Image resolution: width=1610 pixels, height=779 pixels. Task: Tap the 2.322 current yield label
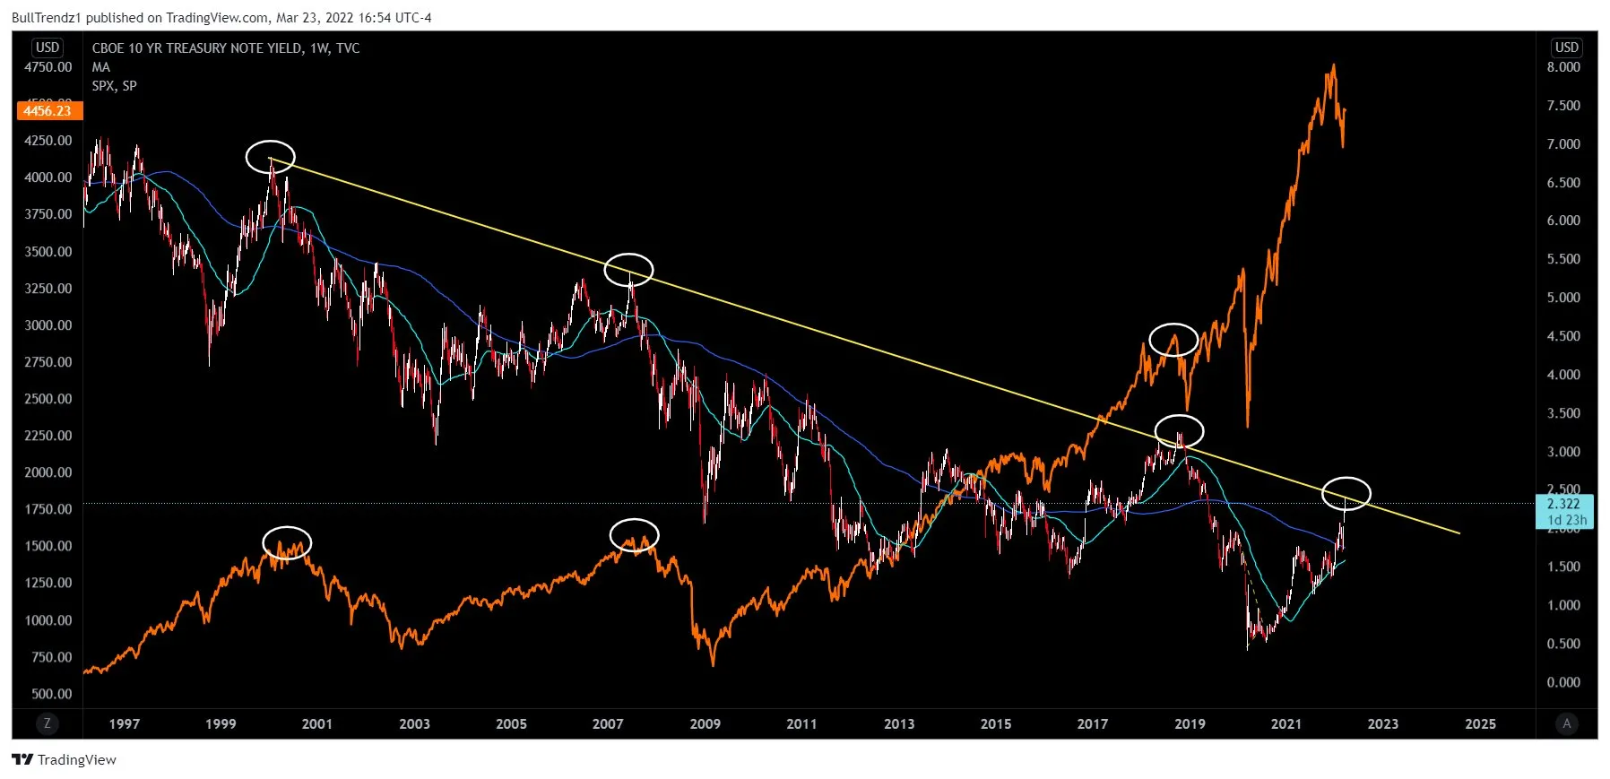click(x=1563, y=505)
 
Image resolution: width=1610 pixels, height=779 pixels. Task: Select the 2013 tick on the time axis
click(x=898, y=724)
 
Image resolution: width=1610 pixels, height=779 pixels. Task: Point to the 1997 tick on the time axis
click(x=124, y=724)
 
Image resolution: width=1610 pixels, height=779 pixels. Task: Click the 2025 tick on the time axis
click(x=1480, y=724)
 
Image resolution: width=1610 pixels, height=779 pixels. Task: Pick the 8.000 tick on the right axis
click(x=1563, y=67)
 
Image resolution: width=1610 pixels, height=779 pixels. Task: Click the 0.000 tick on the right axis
click(x=1563, y=682)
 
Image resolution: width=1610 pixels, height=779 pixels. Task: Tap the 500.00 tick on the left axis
click(x=51, y=694)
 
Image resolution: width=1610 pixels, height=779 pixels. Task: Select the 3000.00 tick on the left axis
click(x=48, y=325)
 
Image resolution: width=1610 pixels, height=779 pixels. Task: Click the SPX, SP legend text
click(x=114, y=86)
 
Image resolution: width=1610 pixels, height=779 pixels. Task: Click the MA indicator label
click(x=100, y=67)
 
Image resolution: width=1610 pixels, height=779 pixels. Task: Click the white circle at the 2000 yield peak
click(x=270, y=157)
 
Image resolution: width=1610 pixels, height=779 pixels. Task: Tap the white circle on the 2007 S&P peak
click(x=634, y=535)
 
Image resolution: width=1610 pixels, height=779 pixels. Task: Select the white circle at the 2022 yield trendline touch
click(x=1346, y=493)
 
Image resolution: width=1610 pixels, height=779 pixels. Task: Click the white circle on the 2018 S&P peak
click(x=1173, y=340)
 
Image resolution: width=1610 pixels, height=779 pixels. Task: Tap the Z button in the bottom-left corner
click(x=47, y=723)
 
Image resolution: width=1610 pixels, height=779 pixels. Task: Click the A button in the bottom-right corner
click(x=1566, y=723)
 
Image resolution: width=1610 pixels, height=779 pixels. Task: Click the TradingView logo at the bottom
click(x=64, y=760)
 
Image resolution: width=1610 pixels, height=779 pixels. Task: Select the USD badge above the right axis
click(x=1566, y=48)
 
